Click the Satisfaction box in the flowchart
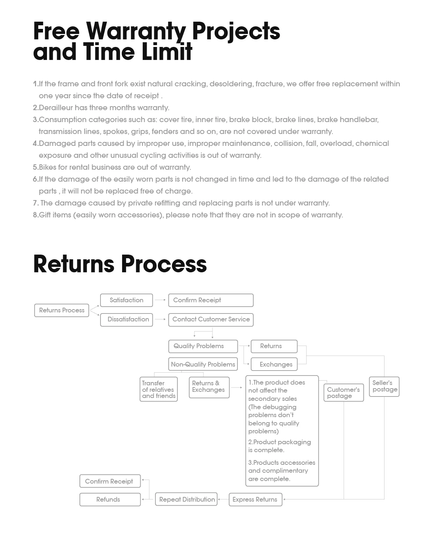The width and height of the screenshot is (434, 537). [x=126, y=300]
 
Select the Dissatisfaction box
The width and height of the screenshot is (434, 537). [x=126, y=320]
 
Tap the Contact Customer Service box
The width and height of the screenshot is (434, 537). [x=211, y=320]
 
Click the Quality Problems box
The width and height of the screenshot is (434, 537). [x=203, y=346]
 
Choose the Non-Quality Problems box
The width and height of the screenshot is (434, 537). [x=203, y=364]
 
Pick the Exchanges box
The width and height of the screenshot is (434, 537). [x=274, y=364]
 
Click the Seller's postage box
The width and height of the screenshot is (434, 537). [x=384, y=386]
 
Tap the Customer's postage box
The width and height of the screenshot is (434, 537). [x=343, y=393]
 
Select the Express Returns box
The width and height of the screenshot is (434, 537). [x=255, y=499]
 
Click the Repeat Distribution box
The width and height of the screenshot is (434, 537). [x=186, y=499]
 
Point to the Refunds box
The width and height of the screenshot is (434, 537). [x=110, y=499]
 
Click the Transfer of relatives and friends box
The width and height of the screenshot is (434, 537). [x=159, y=389]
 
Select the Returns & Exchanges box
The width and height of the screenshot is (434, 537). [x=209, y=387]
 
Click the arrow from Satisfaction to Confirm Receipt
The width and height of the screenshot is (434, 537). [x=160, y=300]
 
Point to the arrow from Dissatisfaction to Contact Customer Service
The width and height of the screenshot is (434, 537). [x=160, y=320]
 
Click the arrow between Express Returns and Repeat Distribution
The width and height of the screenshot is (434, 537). [x=223, y=499]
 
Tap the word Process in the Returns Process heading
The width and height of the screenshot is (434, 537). [x=164, y=264]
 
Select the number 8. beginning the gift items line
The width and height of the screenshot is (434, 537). [x=35, y=215]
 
